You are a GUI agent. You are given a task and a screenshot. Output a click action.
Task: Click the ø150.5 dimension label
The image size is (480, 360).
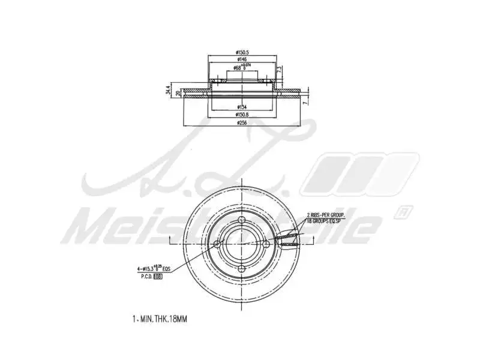coord(243,53)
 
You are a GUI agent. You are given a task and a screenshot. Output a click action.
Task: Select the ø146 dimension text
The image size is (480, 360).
coord(242,60)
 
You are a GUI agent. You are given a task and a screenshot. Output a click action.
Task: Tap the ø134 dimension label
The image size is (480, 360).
coord(242,106)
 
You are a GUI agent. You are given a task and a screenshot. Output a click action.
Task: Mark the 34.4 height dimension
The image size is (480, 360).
coord(168,91)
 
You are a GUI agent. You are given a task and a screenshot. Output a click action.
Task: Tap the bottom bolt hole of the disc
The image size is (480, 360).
coord(242,268)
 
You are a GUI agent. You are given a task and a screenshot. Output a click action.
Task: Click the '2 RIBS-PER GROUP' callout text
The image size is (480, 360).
coord(326,214)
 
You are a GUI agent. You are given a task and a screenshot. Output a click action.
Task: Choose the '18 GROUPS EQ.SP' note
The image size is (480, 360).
coord(327,221)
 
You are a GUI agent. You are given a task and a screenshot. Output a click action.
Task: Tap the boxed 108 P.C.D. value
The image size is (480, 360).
coord(158,277)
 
